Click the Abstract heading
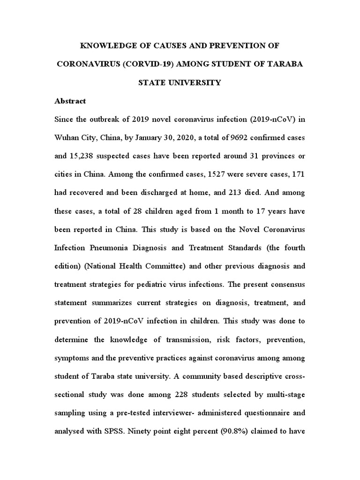pos(70,101)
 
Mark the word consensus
pos(286,285)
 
